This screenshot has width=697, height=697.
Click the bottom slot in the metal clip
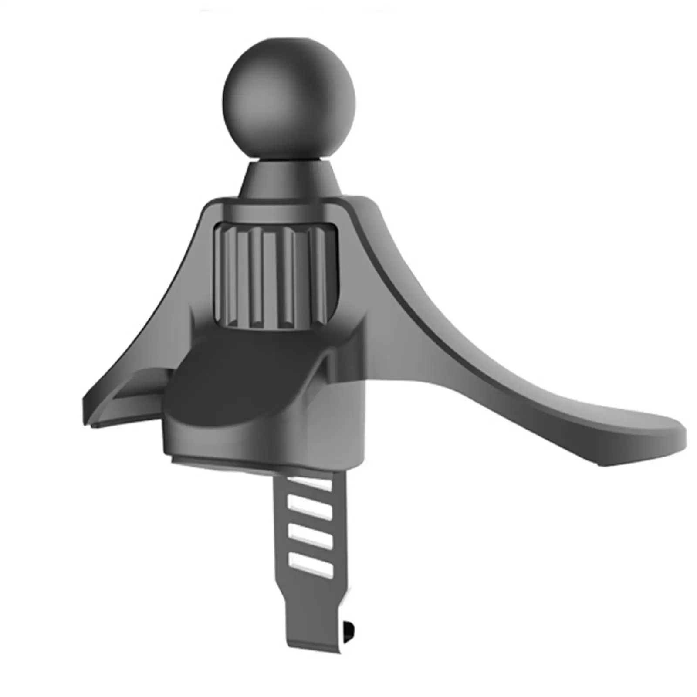pyautogui.click(x=310, y=564)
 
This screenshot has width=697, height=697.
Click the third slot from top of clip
pyautogui.click(x=310, y=536)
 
